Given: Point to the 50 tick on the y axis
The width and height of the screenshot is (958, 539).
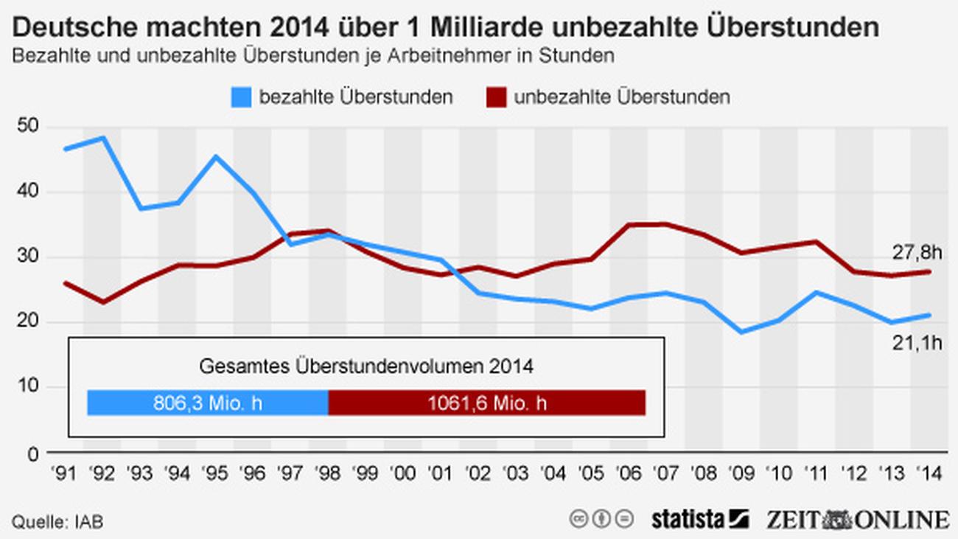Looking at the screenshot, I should tap(27, 128).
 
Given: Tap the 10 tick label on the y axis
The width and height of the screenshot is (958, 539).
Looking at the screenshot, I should tap(27, 387).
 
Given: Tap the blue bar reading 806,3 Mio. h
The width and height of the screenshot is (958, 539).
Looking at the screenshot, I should tap(207, 403).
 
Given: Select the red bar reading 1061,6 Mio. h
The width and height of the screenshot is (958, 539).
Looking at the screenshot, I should tap(486, 403).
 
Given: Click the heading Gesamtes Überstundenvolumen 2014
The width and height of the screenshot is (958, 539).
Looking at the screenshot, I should tap(366, 366).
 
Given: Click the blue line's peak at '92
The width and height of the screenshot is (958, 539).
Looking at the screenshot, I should tap(102, 137).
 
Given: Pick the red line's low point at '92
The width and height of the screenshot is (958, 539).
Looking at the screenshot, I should tap(102, 302).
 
